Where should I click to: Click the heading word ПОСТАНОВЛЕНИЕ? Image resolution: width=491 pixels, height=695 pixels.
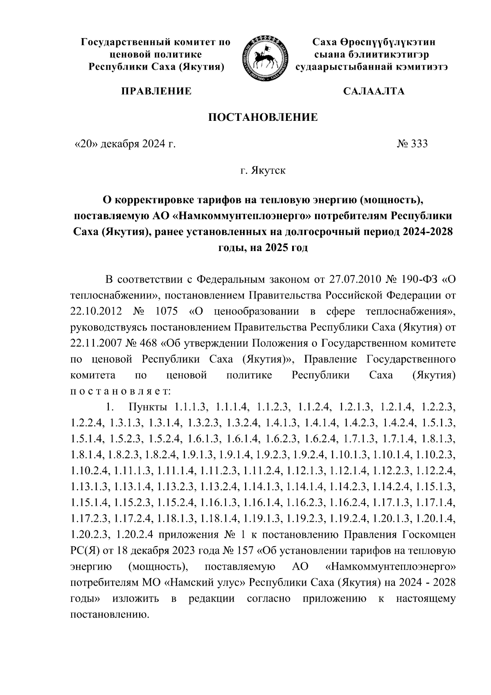pyautogui.click(x=263, y=118)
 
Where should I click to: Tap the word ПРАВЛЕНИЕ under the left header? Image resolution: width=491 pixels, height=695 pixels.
pyautogui.click(x=155, y=91)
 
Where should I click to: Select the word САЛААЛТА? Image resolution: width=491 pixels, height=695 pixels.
pyautogui.click(x=374, y=91)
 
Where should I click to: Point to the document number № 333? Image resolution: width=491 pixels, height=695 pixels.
pyautogui.click(x=412, y=144)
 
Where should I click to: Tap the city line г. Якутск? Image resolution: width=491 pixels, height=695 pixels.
pyautogui.click(x=263, y=170)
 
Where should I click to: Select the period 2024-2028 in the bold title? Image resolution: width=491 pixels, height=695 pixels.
pyautogui.click(x=428, y=232)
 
